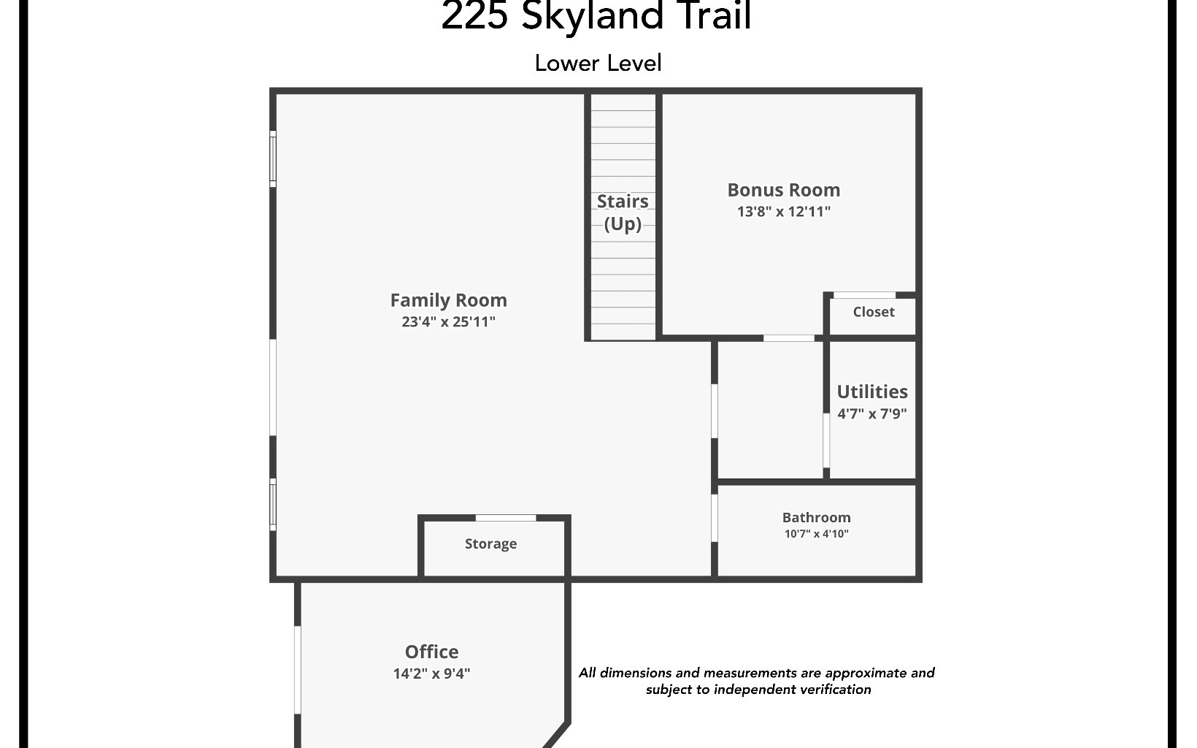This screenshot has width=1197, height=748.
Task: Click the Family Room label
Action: (x=448, y=300)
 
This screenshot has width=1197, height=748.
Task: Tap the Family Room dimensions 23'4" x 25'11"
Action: (x=448, y=321)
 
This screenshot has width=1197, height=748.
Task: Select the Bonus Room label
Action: (x=783, y=190)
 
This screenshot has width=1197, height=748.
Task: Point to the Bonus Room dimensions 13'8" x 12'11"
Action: (x=783, y=212)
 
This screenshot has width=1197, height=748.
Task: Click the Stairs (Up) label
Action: (x=623, y=212)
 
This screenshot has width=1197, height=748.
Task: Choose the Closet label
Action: (x=873, y=312)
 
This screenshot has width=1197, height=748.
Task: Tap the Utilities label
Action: (x=871, y=392)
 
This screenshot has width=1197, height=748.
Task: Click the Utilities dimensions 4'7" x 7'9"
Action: (x=871, y=413)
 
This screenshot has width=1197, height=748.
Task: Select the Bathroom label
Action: (x=816, y=517)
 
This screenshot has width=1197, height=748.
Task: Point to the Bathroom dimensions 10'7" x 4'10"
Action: (x=816, y=534)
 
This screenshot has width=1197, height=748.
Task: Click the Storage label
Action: (x=490, y=543)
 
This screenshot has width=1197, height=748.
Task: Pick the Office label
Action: (x=431, y=652)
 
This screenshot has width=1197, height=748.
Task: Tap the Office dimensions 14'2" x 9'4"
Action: (x=431, y=673)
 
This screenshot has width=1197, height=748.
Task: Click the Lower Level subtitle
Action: (x=598, y=63)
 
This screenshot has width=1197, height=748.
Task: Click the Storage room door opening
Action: (x=505, y=518)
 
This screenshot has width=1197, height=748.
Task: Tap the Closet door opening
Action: (x=864, y=295)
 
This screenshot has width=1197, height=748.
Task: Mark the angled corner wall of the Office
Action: (x=557, y=735)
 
